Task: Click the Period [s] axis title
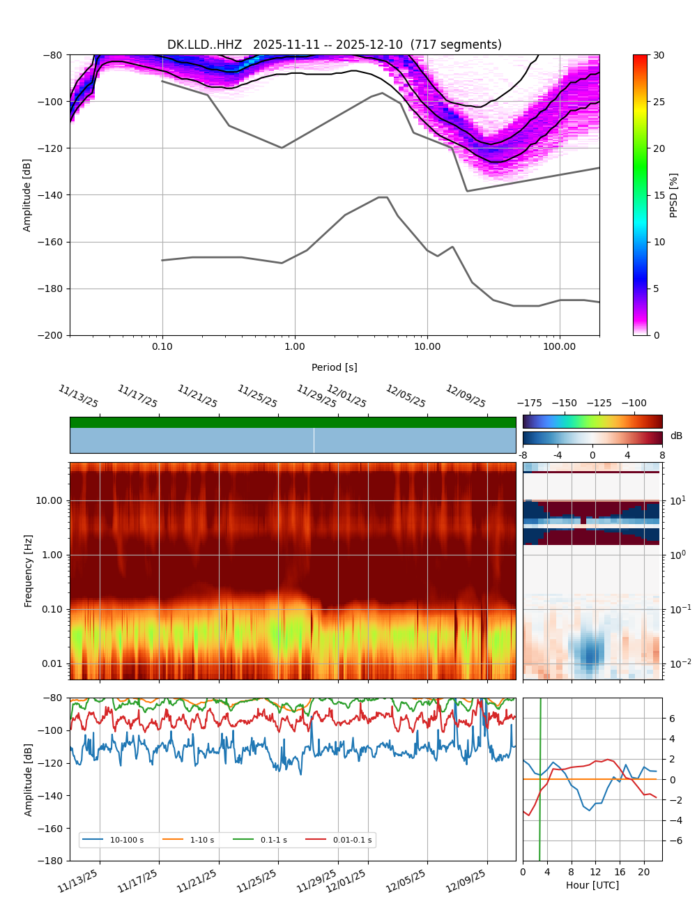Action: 334,367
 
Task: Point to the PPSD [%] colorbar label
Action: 673,195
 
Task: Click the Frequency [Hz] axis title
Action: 29,570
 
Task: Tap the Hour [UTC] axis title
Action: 592,885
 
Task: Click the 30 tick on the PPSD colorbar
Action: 659,55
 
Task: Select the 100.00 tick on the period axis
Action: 560,346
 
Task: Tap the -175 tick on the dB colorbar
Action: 529,403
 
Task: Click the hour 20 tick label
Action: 643,872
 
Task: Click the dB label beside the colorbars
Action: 676,436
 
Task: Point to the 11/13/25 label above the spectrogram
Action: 78,396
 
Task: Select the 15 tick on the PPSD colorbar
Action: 659,195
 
